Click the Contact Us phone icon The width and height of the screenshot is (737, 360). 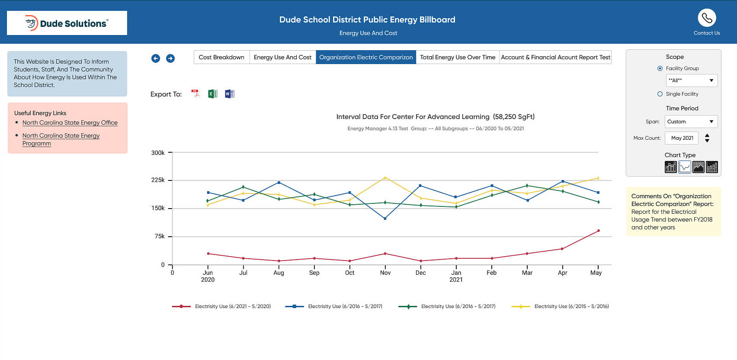click(x=707, y=18)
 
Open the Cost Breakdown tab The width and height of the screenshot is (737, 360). click(x=221, y=57)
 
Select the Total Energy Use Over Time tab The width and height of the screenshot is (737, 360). click(x=457, y=57)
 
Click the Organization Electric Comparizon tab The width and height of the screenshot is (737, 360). click(x=366, y=57)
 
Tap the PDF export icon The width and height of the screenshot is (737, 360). click(x=196, y=94)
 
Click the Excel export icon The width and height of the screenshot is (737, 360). click(x=212, y=94)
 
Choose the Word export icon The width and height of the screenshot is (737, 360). click(x=229, y=94)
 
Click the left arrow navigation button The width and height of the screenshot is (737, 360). click(x=156, y=58)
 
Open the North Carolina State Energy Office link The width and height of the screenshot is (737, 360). click(x=70, y=122)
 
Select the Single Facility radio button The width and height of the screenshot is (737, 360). click(x=660, y=94)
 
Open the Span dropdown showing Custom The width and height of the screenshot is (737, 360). click(x=691, y=122)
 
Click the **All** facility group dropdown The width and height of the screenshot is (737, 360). click(x=691, y=80)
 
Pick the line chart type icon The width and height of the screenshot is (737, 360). click(x=684, y=167)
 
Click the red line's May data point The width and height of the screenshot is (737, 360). click(x=598, y=231)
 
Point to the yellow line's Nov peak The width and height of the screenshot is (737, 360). click(x=385, y=177)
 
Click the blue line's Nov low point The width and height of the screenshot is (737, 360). click(x=385, y=219)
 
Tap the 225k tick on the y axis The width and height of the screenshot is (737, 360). click(x=158, y=180)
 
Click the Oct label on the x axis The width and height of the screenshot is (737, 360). click(x=349, y=273)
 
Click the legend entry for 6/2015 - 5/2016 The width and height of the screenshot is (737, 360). click(x=571, y=306)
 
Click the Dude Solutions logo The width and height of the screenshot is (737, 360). click(x=67, y=23)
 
